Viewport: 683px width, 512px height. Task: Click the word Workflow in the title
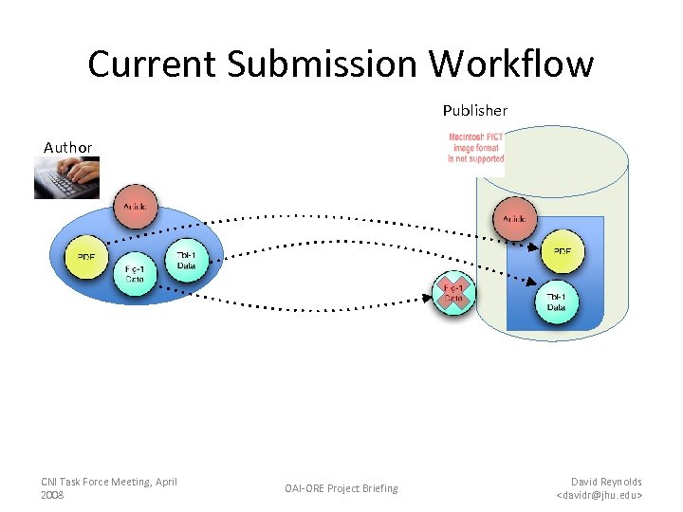(x=511, y=64)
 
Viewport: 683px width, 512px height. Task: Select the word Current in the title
(x=153, y=64)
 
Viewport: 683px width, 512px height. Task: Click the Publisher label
(x=474, y=111)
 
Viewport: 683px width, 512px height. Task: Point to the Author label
(x=67, y=147)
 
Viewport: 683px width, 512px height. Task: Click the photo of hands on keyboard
(x=66, y=178)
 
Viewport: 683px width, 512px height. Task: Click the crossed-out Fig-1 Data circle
(x=453, y=294)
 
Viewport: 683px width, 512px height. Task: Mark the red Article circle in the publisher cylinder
(x=515, y=218)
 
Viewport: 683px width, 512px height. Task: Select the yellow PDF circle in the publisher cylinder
(x=563, y=252)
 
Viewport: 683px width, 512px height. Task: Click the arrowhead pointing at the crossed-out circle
(x=432, y=296)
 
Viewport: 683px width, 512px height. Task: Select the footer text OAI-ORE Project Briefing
(x=341, y=488)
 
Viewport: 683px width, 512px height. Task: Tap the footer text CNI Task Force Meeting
(x=108, y=482)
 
